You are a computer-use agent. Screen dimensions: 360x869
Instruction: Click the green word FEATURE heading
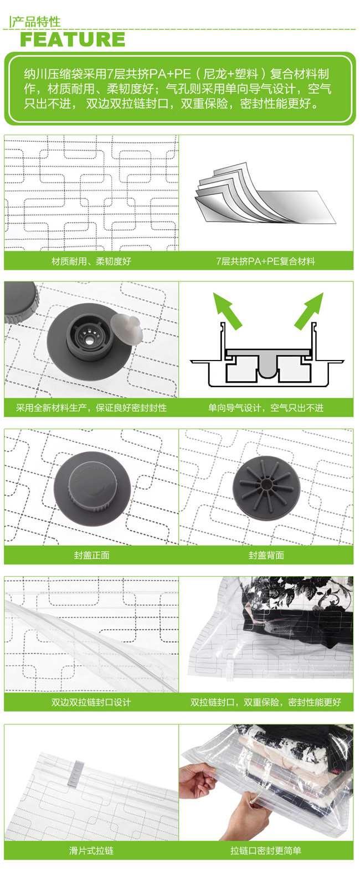pos(73,39)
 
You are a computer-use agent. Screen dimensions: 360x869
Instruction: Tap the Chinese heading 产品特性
pos(36,22)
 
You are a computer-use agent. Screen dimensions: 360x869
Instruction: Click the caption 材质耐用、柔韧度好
pos(91,261)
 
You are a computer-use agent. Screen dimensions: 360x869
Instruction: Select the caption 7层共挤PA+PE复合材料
pos(266,261)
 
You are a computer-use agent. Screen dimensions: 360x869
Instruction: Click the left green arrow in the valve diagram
pos(227,311)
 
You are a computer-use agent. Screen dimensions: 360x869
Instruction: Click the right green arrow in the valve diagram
pos(309,311)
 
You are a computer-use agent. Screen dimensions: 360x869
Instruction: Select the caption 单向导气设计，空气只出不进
pos(266,408)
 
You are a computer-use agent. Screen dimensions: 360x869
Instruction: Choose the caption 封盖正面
pos(91,555)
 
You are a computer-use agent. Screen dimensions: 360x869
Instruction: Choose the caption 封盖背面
pos(266,555)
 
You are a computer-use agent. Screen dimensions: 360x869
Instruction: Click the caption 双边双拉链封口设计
pos(91,702)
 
